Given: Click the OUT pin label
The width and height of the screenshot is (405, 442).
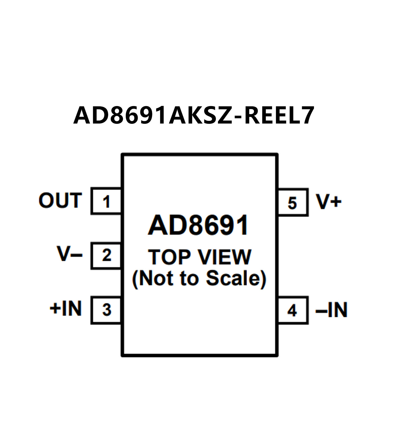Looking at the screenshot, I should pos(60,201).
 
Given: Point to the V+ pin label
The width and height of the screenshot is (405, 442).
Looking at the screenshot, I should pos(328,202).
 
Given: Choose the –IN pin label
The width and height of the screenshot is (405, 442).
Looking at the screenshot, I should pos(331,310).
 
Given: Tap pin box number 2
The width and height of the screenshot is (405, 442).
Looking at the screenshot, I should pos(106,256).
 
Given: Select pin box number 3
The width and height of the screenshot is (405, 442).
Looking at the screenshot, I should pos(106,310).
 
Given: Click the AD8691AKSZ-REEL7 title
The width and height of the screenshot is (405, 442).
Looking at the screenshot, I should pos(194,115).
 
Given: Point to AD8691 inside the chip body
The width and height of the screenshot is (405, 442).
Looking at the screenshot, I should pos(198,226).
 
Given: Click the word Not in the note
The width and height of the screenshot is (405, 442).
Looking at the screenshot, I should pos(155,278).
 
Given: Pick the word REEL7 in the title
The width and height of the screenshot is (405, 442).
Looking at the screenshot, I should pos(279,115).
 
